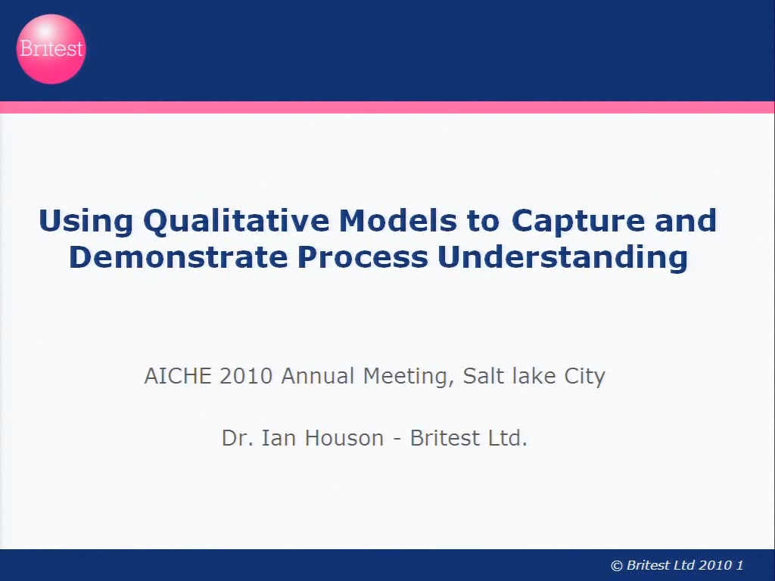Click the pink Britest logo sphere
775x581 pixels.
pyautogui.click(x=51, y=49)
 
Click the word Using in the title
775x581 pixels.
pyautogui.click(x=86, y=221)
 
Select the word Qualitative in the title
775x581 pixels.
pyautogui.click(x=236, y=221)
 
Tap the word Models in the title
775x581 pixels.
pyautogui.click(x=398, y=220)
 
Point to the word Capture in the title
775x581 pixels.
pyautogui.click(x=577, y=221)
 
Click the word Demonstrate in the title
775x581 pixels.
pyautogui.click(x=179, y=257)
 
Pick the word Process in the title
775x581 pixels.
pyautogui.click(x=363, y=257)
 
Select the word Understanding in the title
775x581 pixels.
pyautogui.click(x=562, y=258)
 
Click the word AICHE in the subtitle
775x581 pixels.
pyautogui.click(x=178, y=376)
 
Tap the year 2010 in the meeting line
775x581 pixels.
pyautogui.click(x=246, y=376)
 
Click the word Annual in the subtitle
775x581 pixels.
pyautogui.click(x=318, y=376)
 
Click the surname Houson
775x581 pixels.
pyautogui.click(x=344, y=438)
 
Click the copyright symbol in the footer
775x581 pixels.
pyautogui.click(x=616, y=566)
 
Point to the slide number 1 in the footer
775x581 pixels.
pyautogui.click(x=740, y=565)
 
